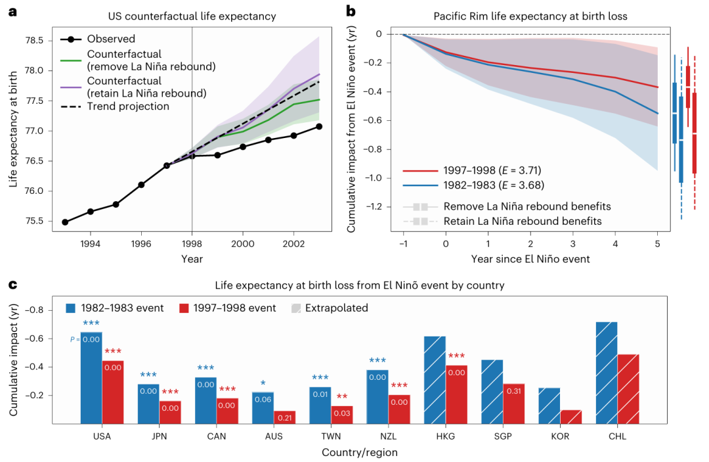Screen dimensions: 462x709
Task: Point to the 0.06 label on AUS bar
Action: pos(263,399)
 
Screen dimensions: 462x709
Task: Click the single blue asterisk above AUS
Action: pos(263,383)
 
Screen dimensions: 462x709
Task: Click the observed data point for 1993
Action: pos(65,222)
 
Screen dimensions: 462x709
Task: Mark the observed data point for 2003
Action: pos(318,126)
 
